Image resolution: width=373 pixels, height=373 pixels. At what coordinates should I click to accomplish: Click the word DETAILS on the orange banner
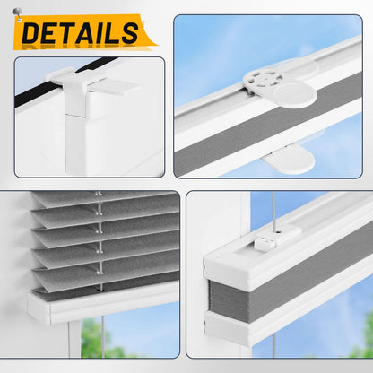pyautogui.click(x=80, y=33)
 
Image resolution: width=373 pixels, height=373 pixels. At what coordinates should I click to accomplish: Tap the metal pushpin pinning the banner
pyautogui.click(x=17, y=14)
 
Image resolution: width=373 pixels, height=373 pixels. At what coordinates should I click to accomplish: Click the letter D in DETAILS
pyautogui.click(x=31, y=33)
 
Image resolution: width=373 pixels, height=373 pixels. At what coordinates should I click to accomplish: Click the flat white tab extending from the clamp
pyautogui.click(x=115, y=87)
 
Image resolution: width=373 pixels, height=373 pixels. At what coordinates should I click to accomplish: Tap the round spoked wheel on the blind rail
pyautogui.click(x=263, y=79)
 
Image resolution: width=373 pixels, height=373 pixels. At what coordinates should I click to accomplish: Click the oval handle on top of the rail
pyautogui.click(x=294, y=95)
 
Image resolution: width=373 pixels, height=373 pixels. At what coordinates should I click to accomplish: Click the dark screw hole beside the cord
pyautogui.click(x=279, y=231)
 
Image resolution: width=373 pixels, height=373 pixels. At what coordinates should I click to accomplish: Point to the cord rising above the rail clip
pyautogui.click(x=273, y=213)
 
